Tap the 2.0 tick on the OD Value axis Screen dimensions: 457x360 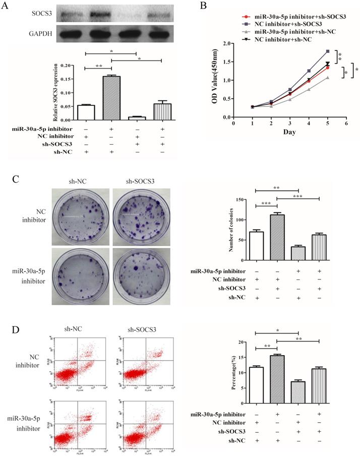[226, 43]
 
